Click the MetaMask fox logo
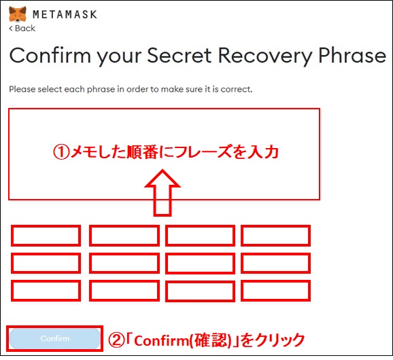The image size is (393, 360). pyautogui.click(x=18, y=14)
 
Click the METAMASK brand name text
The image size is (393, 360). pyautogui.click(x=65, y=14)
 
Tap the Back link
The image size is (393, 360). pyautogui.click(x=22, y=29)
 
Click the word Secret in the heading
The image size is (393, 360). pyautogui.click(x=180, y=56)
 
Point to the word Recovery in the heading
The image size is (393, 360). pyautogui.click(x=265, y=57)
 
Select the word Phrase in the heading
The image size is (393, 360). pyautogui.click(x=352, y=56)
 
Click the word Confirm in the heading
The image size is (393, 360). pyautogui.click(x=50, y=55)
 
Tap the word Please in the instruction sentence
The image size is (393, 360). pyautogui.click(x=22, y=89)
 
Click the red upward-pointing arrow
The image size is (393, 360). pyautogui.click(x=163, y=192)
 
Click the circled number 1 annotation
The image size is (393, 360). pyautogui.click(x=61, y=152)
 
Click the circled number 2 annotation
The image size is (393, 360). pyautogui.click(x=116, y=340)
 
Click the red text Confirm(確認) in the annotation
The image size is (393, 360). pyautogui.click(x=182, y=340)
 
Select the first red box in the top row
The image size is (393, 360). pyautogui.click(x=46, y=236)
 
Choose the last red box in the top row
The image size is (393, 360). pyautogui.click(x=275, y=236)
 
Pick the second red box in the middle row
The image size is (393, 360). pyautogui.click(x=124, y=263)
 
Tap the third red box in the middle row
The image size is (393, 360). pyautogui.click(x=200, y=263)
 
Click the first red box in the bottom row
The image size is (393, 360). pyautogui.click(x=46, y=291)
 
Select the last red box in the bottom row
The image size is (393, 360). pyautogui.click(x=275, y=291)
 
